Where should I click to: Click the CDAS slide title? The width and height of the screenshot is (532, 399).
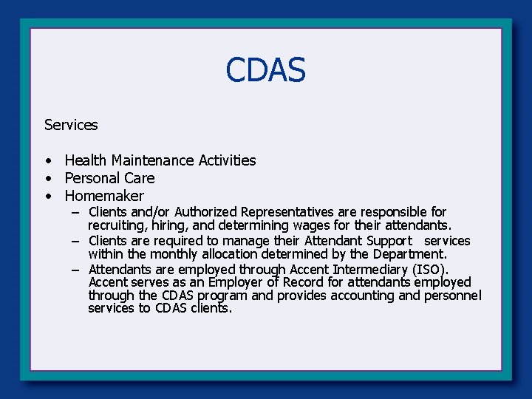click(x=265, y=71)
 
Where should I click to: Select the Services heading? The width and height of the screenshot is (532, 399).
click(x=71, y=125)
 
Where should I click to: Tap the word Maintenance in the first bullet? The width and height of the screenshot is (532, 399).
click(x=153, y=160)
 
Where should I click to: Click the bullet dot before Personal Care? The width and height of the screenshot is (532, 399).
click(x=47, y=179)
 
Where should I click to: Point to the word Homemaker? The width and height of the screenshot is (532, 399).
click(x=104, y=196)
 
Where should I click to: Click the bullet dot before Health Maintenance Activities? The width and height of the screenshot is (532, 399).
click(x=47, y=161)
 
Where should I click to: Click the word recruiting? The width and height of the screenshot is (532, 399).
click(x=114, y=225)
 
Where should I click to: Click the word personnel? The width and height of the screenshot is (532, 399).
click(x=452, y=296)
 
